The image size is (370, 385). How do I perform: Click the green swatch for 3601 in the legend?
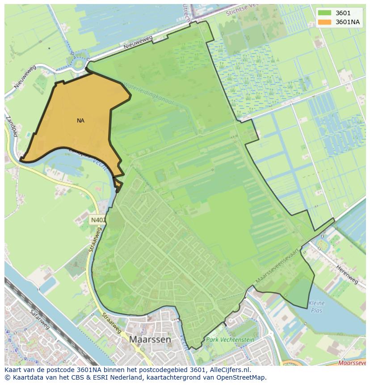click(325, 13)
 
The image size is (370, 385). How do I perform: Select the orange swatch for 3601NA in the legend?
click(325, 21)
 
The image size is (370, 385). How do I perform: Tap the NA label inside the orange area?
click(80, 121)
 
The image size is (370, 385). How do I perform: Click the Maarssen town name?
click(150, 339)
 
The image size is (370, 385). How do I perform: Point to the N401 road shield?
click(98, 220)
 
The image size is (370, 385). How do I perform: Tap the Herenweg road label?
click(347, 273)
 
